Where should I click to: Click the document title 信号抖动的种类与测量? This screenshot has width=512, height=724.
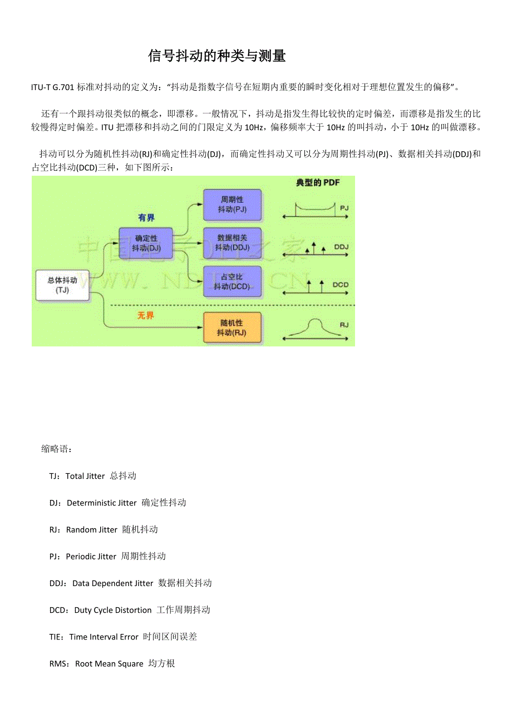pos(217,56)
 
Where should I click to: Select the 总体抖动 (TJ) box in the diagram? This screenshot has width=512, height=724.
pos(62,285)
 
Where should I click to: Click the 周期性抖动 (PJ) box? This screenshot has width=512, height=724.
pos(232,204)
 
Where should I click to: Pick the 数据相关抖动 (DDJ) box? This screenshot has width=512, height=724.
pos(232,242)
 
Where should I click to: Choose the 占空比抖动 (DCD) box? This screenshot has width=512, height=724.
pos(232,281)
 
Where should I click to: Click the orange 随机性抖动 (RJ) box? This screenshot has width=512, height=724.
pos(232,328)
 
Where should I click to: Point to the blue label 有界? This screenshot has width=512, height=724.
pos(146,217)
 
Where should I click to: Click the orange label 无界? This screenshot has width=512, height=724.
pos(146,315)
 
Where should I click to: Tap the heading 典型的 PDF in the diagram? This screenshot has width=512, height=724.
pos(317,182)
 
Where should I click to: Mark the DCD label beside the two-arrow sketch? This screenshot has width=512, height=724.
pos(341,285)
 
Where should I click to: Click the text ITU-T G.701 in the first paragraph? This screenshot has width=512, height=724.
pos(53,87)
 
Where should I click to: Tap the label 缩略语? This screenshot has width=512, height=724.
pos(56,449)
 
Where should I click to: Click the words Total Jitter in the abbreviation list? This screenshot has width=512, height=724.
pos(85,476)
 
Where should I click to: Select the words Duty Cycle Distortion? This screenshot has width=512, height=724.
pos(113,610)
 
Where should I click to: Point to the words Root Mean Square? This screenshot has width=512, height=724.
pos(109,664)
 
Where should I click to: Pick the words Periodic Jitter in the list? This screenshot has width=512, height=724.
pos(91,557)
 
